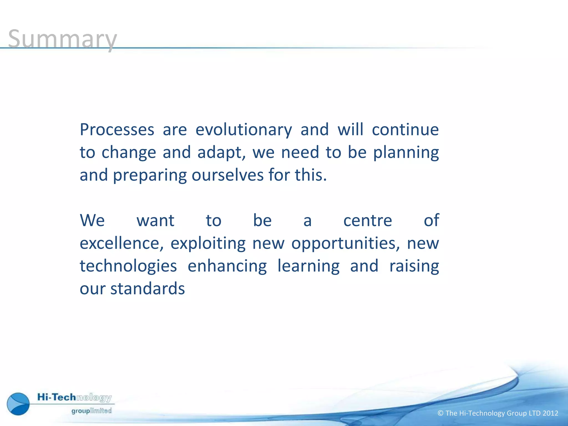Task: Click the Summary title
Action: (x=62, y=39)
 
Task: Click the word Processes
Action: (x=117, y=130)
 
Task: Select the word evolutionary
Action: (x=244, y=130)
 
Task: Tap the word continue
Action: (x=405, y=130)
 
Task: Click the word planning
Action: (x=406, y=153)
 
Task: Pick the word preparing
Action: (x=150, y=175)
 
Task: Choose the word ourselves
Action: (x=227, y=175)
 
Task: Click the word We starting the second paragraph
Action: (x=92, y=220)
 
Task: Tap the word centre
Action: (x=367, y=220)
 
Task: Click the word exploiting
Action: (x=208, y=243)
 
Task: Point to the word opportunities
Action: (x=345, y=243)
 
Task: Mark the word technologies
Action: (x=128, y=266)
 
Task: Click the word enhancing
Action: (x=227, y=266)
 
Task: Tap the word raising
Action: (x=414, y=266)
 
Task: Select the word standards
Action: (x=148, y=289)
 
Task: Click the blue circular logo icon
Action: (x=18, y=404)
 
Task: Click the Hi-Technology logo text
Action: (x=74, y=397)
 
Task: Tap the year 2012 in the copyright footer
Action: (x=550, y=413)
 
